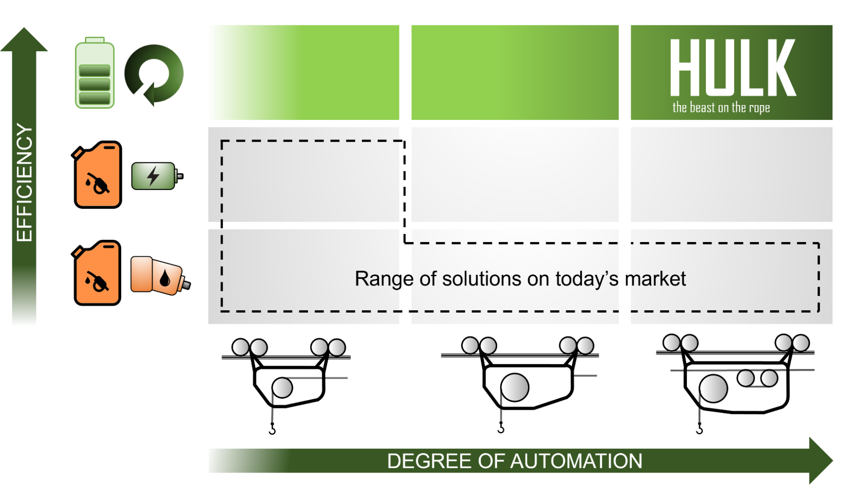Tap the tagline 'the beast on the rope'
tap(721, 108)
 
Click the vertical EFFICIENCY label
tap(24, 183)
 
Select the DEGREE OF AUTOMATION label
tap(515, 461)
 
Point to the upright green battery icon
tap(95, 73)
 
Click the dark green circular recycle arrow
tap(154, 74)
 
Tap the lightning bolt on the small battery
tap(153, 176)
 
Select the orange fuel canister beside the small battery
tap(96, 175)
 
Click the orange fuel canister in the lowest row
tap(96, 273)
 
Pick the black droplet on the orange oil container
tap(165, 278)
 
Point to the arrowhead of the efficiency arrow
tap(24, 40)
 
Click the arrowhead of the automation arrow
tap(822, 461)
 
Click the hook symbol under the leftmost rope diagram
tap(272, 429)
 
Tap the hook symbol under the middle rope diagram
tap(501, 427)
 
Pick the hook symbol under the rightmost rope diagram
tap(699, 428)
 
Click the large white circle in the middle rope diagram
tap(515, 387)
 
